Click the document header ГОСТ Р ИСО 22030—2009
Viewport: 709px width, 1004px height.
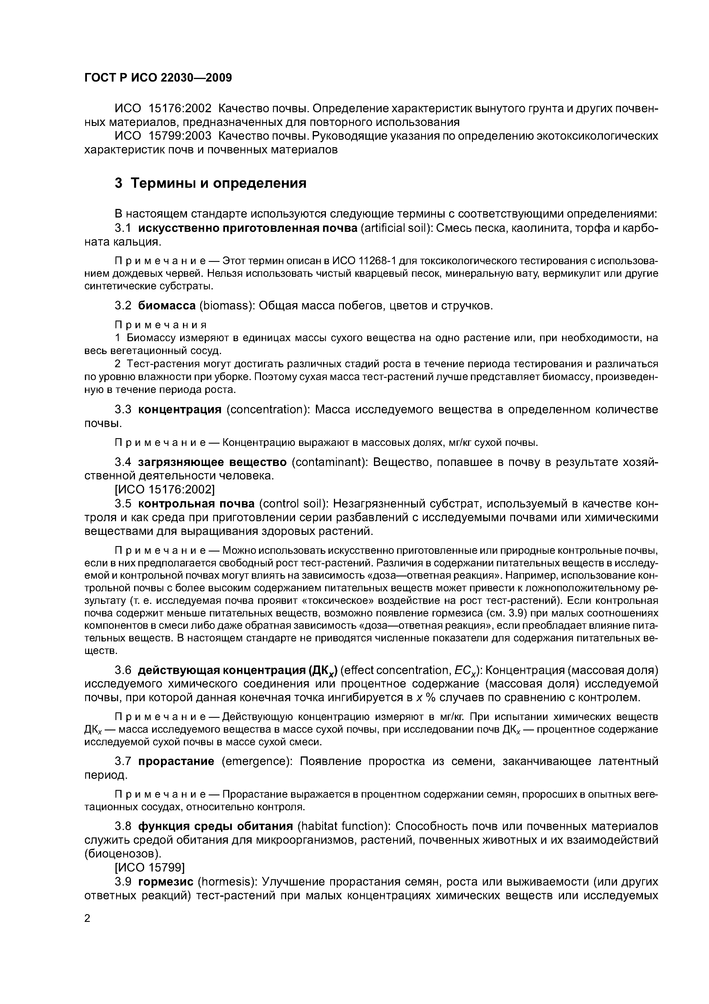pos(158,78)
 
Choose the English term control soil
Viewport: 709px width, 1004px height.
pos(293,504)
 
